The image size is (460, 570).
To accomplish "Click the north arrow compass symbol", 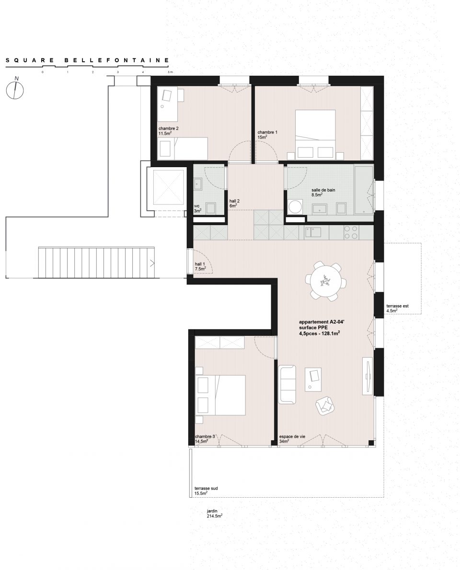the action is pyautogui.click(x=14, y=90).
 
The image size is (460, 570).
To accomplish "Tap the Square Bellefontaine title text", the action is pyautogui.click(x=87, y=60).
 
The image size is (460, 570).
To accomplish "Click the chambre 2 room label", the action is pyautogui.click(x=168, y=131).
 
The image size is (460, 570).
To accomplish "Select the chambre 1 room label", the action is pyautogui.click(x=267, y=135).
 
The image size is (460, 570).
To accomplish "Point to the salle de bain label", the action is pyautogui.click(x=323, y=192).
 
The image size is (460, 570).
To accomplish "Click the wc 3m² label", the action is pyautogui.click(x=197, y=208).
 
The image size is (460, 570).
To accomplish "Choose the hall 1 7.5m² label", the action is pyautogui.click(x=200, y=266).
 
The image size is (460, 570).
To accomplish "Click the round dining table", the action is pyautogui.click(x=326, y=281).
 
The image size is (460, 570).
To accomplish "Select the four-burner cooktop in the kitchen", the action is pyautogui.click(x=351, y=232).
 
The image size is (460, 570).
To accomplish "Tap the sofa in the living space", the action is pyautogui.click(x=287, y=385).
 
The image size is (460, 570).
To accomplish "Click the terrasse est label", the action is pyautogui.click(x=397, y=308).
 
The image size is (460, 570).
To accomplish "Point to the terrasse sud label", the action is pyautogui.click(x=206, y=491).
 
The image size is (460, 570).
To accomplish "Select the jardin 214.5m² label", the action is pyautogui.click(x=214, y=513).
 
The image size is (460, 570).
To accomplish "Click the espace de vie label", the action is pyautogui.click(x=292, y=439).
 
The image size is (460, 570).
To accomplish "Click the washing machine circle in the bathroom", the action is pyautogui.click(x=295, y=207).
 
